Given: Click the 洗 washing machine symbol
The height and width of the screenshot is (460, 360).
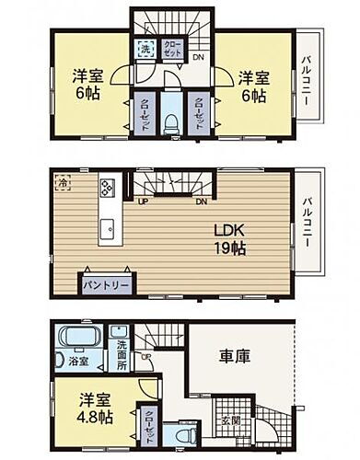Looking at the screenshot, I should tap(145, 48).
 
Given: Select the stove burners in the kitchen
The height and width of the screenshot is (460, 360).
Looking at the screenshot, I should tap(107, 189).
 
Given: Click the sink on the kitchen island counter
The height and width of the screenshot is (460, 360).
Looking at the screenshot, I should tap(106, 226).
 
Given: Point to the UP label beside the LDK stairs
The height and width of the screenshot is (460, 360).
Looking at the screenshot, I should tap(143, 201).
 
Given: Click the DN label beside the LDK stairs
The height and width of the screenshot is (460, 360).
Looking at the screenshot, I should tap(202, 201).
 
